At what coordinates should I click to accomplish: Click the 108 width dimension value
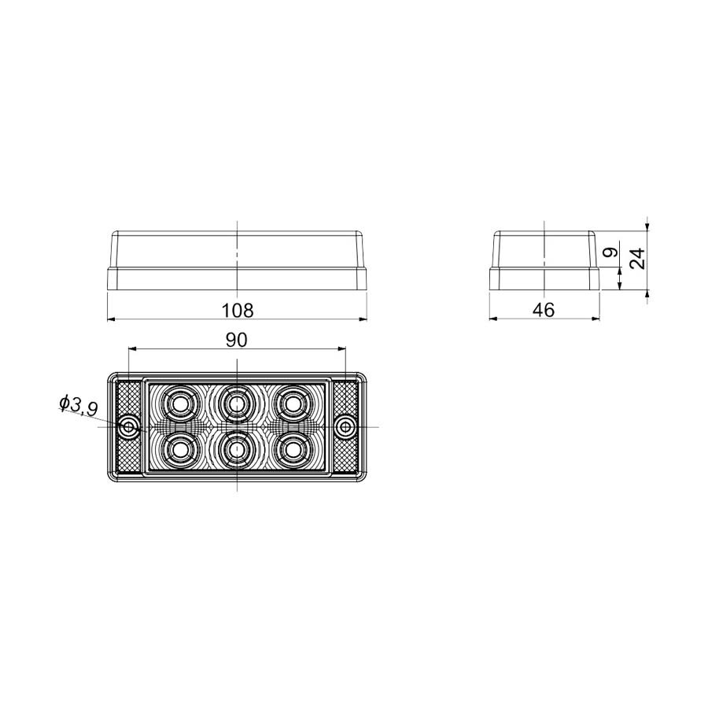(238, 310)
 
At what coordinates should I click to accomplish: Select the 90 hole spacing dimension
(237, 339)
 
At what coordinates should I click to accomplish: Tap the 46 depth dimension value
(544, 310)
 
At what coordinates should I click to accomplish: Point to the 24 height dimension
(639, 257)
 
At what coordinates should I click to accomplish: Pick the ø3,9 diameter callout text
(78, 405)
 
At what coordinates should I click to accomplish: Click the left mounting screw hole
(129, 427)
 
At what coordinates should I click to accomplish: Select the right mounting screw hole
(345, 427)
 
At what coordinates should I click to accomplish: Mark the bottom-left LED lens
(180, 450)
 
